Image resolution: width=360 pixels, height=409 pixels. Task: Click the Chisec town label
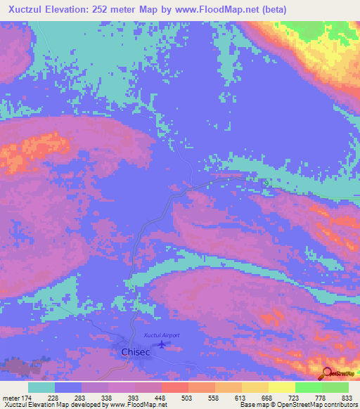coord(129,353)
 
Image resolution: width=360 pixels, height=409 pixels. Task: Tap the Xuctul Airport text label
coord(162,335)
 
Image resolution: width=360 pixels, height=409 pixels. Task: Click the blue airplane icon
coord(163,344)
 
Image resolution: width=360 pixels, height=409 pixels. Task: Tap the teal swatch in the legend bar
coord(41,387)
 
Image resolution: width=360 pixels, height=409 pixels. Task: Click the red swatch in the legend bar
coord(175,387)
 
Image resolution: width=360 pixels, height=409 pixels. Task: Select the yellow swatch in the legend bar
coord(282,387)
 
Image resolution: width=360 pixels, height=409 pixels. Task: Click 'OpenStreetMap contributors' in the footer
coord(318,405)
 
